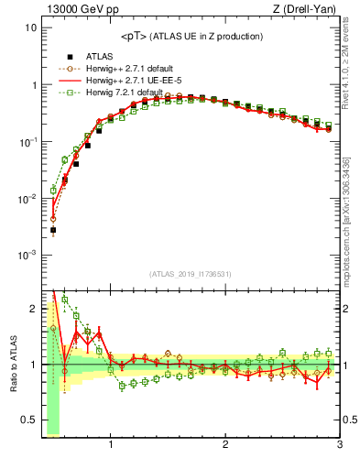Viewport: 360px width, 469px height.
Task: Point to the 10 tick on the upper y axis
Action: click(x=31, y=27)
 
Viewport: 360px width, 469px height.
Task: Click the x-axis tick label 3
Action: click(x=339, y=446)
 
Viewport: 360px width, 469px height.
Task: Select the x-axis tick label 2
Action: click(x=225, y=446)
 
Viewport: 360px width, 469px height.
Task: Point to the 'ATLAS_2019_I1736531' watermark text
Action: click(x=191, y=275)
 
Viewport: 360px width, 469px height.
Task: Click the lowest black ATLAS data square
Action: click(x=53, y=231)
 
